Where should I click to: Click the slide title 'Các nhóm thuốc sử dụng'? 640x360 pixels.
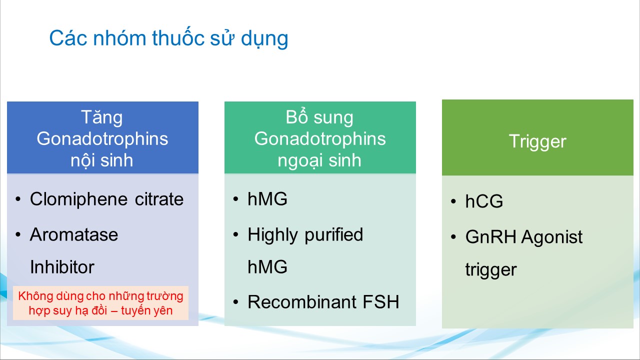pos(168,38)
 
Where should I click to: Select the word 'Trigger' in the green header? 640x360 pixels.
pos(537,142)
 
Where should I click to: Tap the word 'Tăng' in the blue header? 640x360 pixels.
pos(102,118)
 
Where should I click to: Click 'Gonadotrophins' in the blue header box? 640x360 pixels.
pos(102,139)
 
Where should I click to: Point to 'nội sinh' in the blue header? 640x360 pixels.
pos(102,160)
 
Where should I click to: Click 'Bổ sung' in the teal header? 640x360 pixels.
pos(319,117)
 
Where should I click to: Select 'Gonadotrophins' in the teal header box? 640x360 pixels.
pos(320,139)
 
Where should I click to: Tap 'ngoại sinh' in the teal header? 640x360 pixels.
pos(319,161)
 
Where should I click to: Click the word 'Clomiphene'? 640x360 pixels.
pos(78,199)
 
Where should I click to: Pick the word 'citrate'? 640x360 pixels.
pos(159,199)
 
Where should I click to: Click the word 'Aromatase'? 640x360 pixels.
pos(74,235)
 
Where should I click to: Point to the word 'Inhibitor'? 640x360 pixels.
pos(62,267)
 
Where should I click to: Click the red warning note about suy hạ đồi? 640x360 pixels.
pos(100,303)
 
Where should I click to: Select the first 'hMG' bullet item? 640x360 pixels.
pos(267,199)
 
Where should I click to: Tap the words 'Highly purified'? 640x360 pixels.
pos(305,235)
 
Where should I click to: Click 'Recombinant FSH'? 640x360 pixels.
pos(323,301)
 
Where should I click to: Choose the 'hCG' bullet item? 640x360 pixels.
pos(484,201)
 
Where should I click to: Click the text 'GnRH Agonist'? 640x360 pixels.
pos(523,237)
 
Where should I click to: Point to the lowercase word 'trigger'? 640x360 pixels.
pos(491,269)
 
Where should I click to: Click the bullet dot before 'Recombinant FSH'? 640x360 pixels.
pos(235,302)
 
